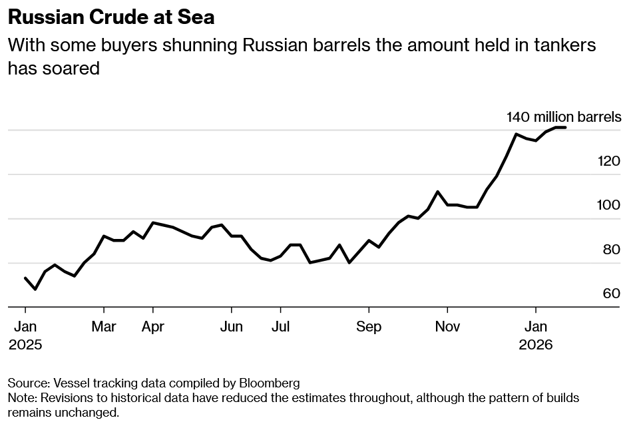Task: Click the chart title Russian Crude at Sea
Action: pos(111,17)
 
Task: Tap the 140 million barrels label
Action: pos(563,117)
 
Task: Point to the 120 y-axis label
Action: pos(609,161)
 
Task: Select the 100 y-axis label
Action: pos(609,205)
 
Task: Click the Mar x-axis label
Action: pos(104,327)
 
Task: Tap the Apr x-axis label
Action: pos(153,327)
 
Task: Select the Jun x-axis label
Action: pos(231,327)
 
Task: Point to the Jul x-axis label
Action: pos(280,327)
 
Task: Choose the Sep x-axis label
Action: pos(369,327)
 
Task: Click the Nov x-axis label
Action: pos(447,327)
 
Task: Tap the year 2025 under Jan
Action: pos(25,345)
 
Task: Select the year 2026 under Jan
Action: pos(536,345)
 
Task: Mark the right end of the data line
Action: pos(565,127)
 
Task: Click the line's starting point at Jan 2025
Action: pos(25,278)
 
